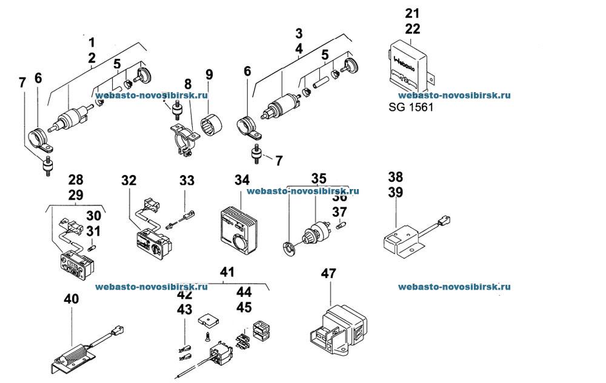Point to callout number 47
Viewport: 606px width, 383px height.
tap(328, 274)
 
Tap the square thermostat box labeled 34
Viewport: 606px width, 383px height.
tap(240, 227)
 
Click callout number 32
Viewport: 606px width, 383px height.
tap(128, 180)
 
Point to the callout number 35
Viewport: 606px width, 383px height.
tap(319, 178)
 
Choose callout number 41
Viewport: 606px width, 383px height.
tap(227, 273)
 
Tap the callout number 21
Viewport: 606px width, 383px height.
tap(412, 13)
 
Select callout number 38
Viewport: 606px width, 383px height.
tap(395, 176)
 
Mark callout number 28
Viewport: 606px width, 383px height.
tap(76, 180)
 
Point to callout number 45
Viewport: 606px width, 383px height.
tap(244, 307)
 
